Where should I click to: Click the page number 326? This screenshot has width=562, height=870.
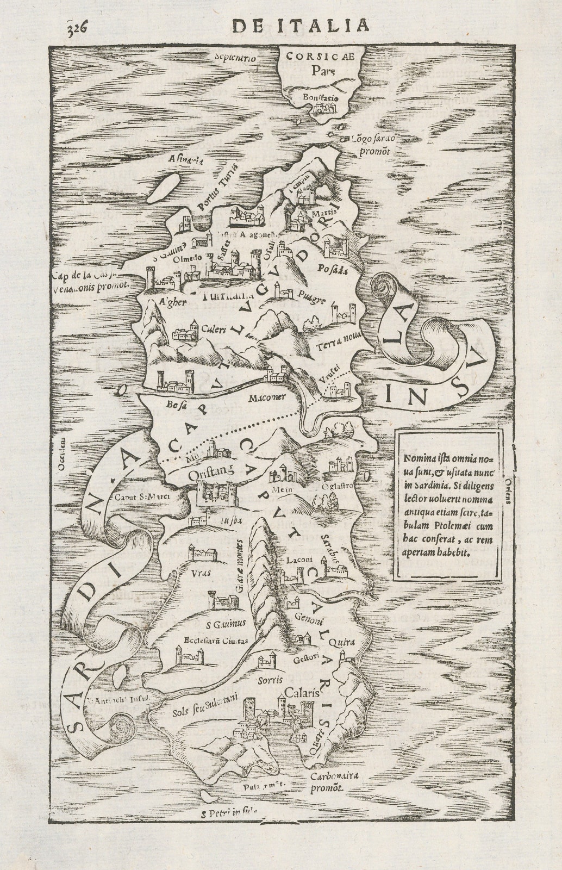75,26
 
